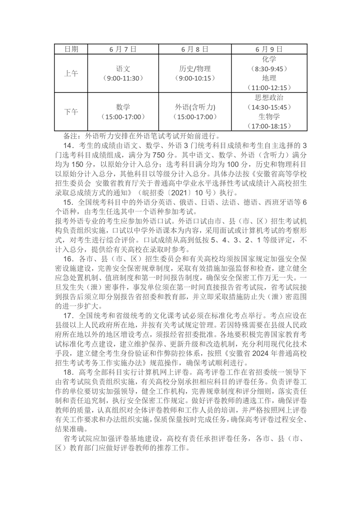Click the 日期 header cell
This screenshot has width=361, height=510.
pos(71,49)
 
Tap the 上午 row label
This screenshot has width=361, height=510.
pos(71,73)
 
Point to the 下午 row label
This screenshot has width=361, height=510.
pos(71,111)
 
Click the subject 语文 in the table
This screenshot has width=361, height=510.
pos(123,69)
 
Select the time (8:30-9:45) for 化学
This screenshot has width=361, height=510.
pos(269,69)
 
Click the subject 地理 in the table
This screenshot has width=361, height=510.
pos(269,78)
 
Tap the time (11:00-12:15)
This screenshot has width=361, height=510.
pos(269,88)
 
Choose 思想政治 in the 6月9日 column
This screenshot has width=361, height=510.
pos(269,97)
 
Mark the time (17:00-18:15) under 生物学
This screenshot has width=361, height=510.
pos(269,126)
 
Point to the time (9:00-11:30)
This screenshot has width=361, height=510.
pos(123,78)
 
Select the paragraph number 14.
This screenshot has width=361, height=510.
pos(69,145)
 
